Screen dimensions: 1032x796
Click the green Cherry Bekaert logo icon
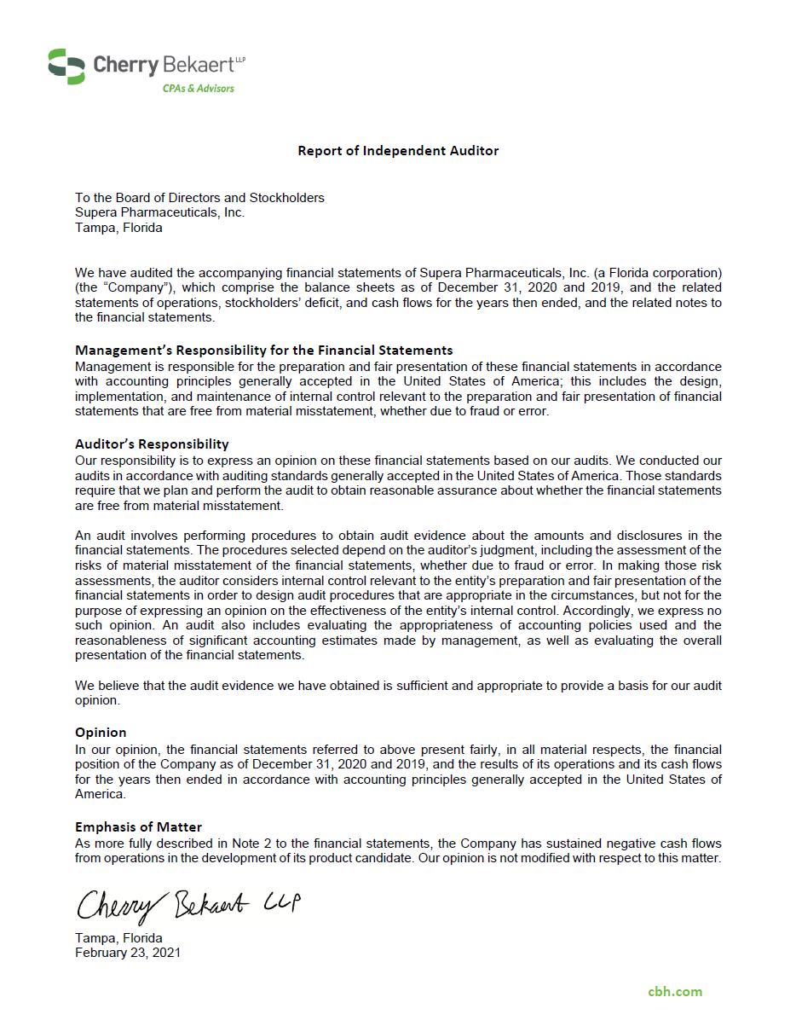pos(66,67)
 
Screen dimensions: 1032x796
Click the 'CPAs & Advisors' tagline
pos(198,89)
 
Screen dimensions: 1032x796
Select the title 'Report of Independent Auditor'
pos(398,151)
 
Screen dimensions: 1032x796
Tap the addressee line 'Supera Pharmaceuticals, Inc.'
pos(159,212)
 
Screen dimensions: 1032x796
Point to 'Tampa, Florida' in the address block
pos(118,228)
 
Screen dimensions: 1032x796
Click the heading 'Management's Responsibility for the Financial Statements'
pos(263,350)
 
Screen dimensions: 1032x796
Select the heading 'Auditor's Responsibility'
pos(152,444)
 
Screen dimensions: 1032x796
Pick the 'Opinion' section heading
pos(101,732)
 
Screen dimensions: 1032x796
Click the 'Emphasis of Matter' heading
pos(138,826)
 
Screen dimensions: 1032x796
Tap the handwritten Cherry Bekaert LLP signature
pos(187,905)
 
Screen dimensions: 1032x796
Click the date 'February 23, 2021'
pos(128,953)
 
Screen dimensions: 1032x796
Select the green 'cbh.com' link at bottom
pos(675,991)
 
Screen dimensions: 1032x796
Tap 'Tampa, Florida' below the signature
pos(118,938)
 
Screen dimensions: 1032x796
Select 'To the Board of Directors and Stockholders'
pos(199,198)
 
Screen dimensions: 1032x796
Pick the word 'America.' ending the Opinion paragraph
pos(100,794)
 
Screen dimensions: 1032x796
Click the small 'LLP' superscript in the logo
pos(239,59)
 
